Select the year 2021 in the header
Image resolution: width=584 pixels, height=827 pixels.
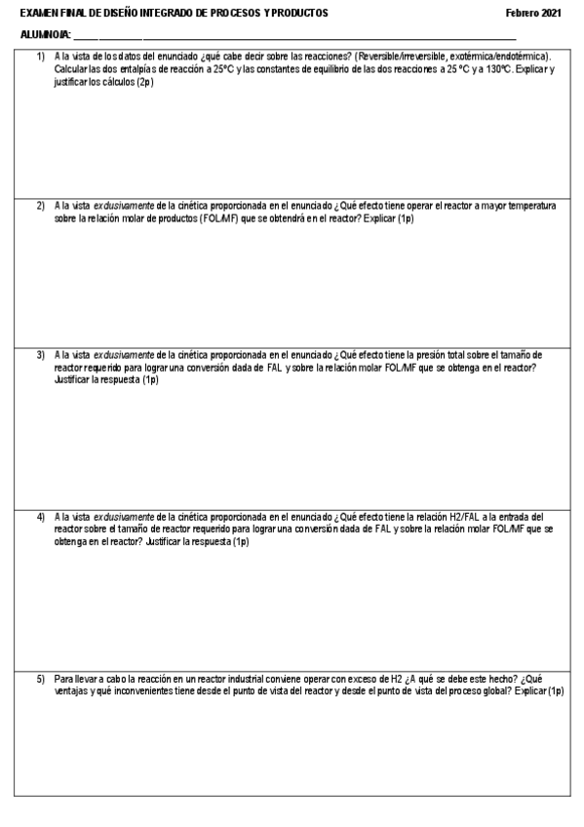(552, 13)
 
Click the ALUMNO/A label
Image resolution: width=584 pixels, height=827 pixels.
(38, 35)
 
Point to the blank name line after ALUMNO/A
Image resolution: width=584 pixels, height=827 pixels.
(292, 37)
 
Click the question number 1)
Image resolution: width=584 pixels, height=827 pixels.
(41, 57)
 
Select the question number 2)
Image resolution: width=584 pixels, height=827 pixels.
(41, 206)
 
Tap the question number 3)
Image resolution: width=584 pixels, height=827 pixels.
(41, 355)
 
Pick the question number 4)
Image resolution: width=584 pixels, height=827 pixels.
(41, 516)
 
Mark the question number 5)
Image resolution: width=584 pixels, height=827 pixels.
(41, 677)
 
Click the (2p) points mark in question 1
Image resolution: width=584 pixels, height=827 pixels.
(144, 82)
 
